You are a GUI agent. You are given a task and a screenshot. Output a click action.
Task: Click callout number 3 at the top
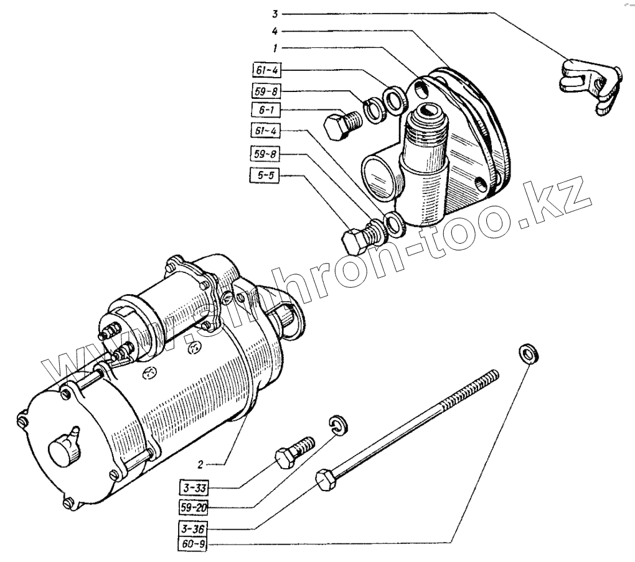click(273, 13)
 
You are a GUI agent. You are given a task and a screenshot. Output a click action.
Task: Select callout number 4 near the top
click(274, 30)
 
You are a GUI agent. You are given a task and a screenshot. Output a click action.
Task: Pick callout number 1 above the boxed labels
click(274, 47)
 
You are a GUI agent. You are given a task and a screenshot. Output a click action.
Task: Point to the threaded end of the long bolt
click(486, 379)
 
